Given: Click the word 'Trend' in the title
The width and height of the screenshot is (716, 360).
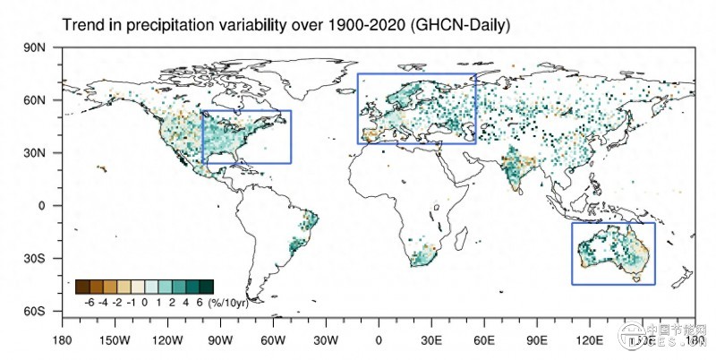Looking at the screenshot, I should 81,26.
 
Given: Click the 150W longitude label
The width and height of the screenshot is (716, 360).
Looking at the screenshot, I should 115,340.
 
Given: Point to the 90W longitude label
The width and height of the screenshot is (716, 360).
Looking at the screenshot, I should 220,340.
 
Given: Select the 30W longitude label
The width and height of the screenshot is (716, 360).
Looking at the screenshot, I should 326,340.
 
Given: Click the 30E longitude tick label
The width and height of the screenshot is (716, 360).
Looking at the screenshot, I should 431,340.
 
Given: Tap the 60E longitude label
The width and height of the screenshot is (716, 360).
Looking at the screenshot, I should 484,340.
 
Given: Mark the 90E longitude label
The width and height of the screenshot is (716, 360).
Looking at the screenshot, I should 537,340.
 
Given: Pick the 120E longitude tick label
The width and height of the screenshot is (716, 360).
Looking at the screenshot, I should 590,340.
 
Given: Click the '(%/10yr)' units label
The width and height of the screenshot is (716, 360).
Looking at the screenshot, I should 228,303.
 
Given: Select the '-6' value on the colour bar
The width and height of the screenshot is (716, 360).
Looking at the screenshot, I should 89,303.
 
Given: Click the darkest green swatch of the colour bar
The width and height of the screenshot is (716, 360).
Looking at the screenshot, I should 206,287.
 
